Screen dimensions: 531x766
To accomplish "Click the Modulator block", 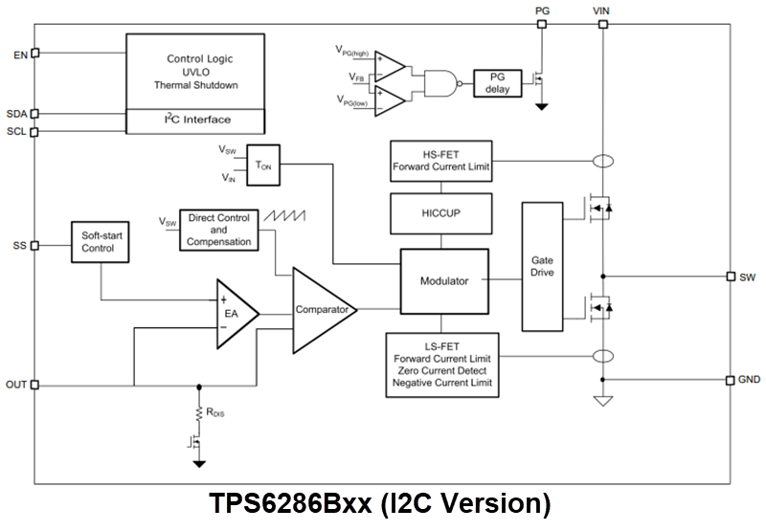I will coord(443,282).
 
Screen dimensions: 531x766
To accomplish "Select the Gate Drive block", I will coord(542,266).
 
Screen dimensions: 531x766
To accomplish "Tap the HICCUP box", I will coord(442,212).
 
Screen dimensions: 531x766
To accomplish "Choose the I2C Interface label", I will coord(197,121).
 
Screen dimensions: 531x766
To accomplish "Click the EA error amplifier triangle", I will coord(235,312).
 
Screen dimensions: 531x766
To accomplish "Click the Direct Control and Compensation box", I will coord(218,230).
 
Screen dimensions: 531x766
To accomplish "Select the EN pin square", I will coord(35,54).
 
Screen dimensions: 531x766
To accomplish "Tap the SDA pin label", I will coord(16,113).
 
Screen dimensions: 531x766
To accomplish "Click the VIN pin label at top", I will coord(603,11).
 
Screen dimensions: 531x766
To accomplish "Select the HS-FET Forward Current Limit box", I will coord(442,161).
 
